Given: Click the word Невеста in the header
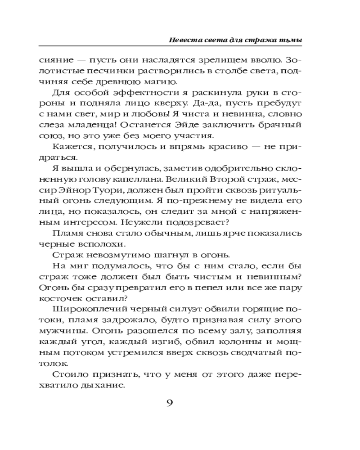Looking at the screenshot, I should click(x=181, y=40).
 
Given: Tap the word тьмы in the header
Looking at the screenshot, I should click(x=292, y=40).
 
